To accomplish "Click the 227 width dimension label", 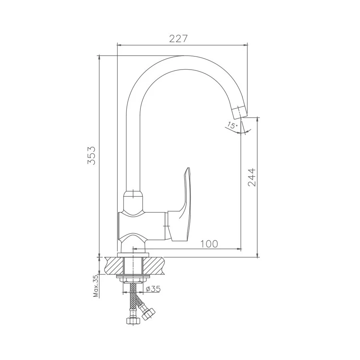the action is (178, 38).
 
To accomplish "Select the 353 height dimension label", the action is (91, 155).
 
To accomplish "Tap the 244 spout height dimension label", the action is (252, 177).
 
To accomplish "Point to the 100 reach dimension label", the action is (209, 244).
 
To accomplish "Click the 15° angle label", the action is (232, 125).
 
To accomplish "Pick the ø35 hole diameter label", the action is (153, 288).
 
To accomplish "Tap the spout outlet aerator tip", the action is (240, 112).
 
